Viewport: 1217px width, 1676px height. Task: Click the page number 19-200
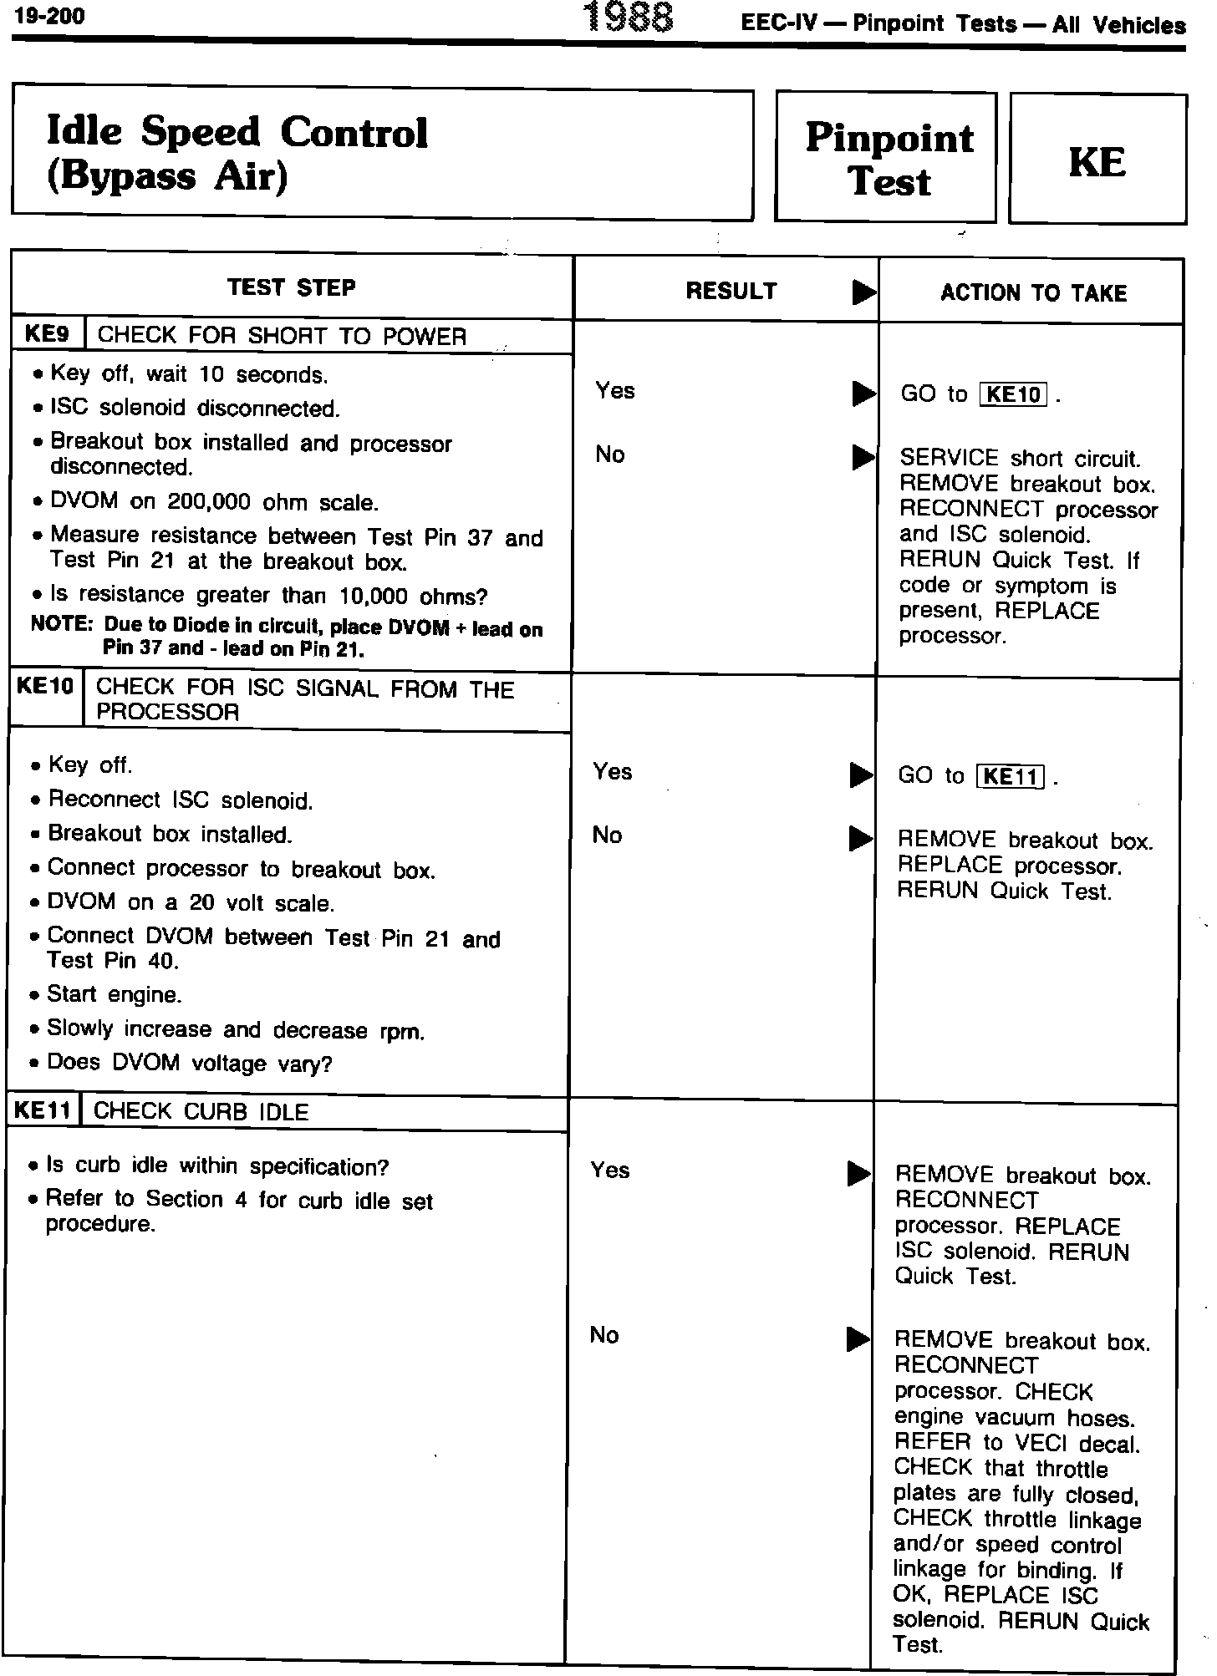point(49,17)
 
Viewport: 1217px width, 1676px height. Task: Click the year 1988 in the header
point(629,18)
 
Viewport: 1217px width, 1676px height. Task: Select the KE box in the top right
point(1097,160)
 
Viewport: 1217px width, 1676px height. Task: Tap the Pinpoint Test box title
point(889,159)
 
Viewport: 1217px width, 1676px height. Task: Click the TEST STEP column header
point(291,287)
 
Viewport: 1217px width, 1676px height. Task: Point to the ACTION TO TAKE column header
point(1033,292)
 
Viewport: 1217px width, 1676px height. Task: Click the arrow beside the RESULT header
point(863,292)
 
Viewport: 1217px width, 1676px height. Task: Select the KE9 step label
point(47,334)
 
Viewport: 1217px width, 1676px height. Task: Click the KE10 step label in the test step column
point(45,686)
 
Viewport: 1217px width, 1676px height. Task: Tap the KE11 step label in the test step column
point(43,1110)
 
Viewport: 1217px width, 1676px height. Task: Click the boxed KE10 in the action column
point(1012,394)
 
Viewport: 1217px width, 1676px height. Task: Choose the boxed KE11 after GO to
point(1010,776)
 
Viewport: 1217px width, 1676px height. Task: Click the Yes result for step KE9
point(615,390)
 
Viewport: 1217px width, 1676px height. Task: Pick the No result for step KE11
point(603,1334)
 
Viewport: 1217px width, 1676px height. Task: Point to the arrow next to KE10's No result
point(860,838)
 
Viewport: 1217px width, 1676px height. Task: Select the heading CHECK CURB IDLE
point(201,1111)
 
